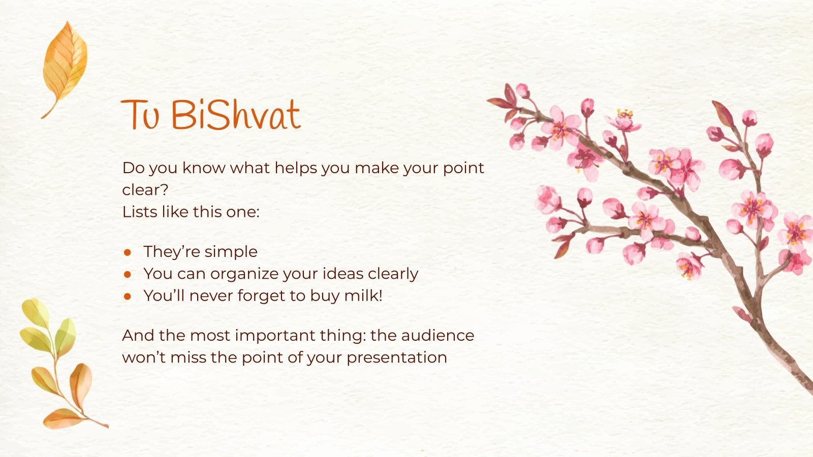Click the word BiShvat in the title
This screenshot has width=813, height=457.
[x=236, y=115]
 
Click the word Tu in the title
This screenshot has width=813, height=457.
[x=140, y=115]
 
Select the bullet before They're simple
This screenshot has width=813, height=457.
[x=128, y=252]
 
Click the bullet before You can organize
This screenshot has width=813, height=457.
[x=128, y=274]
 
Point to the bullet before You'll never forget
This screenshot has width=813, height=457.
[x=128, y=296]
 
